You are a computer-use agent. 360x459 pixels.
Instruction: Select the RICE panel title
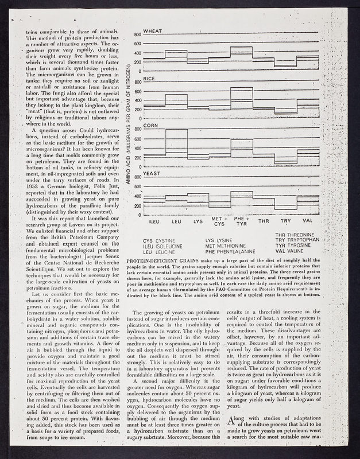(149, 77)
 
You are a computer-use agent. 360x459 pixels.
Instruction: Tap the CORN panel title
(150, 125)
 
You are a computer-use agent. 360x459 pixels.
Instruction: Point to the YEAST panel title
(152, 172)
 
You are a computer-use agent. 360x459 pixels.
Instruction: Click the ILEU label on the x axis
(154, 221)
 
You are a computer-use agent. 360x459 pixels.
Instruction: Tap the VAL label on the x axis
(308, 221)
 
